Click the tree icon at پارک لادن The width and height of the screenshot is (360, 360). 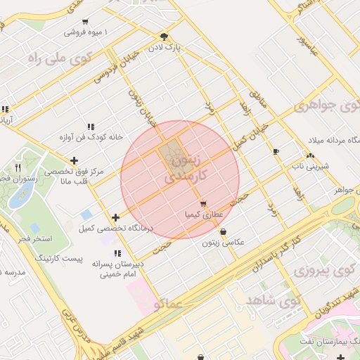(164, 36)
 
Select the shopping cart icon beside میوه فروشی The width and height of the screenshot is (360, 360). (86, 22)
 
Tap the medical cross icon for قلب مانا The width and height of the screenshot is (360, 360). (74, 161)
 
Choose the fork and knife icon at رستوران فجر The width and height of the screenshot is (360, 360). (18, 167)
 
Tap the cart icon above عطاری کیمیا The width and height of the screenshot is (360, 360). (203, 203)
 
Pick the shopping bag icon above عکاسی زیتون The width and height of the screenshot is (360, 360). (224, 231)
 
